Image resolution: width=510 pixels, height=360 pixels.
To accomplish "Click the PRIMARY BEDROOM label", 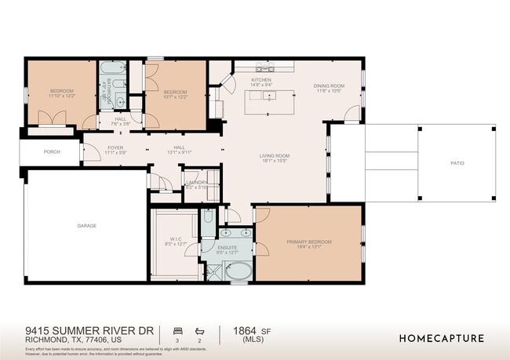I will pos(309,241).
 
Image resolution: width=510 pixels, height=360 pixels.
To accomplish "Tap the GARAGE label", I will pos(86,226).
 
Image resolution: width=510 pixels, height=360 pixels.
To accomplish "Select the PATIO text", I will pos(457,163).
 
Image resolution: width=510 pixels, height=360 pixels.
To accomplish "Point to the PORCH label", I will pos(52,151).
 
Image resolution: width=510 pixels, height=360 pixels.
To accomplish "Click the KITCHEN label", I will pos(261,80).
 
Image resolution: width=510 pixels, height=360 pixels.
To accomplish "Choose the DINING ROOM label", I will pos(329,85).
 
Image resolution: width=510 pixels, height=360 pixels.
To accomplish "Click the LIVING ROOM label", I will pos(275,155).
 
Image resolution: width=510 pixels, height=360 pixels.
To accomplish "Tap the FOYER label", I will pos(93,147).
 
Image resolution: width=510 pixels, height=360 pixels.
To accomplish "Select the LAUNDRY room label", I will pos(195,182).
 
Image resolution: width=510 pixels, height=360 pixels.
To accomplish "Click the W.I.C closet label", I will pos(176,239).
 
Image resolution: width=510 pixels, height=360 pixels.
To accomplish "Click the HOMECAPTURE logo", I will pos(441,338).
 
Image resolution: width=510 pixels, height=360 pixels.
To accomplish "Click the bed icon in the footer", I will pos(177,331).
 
